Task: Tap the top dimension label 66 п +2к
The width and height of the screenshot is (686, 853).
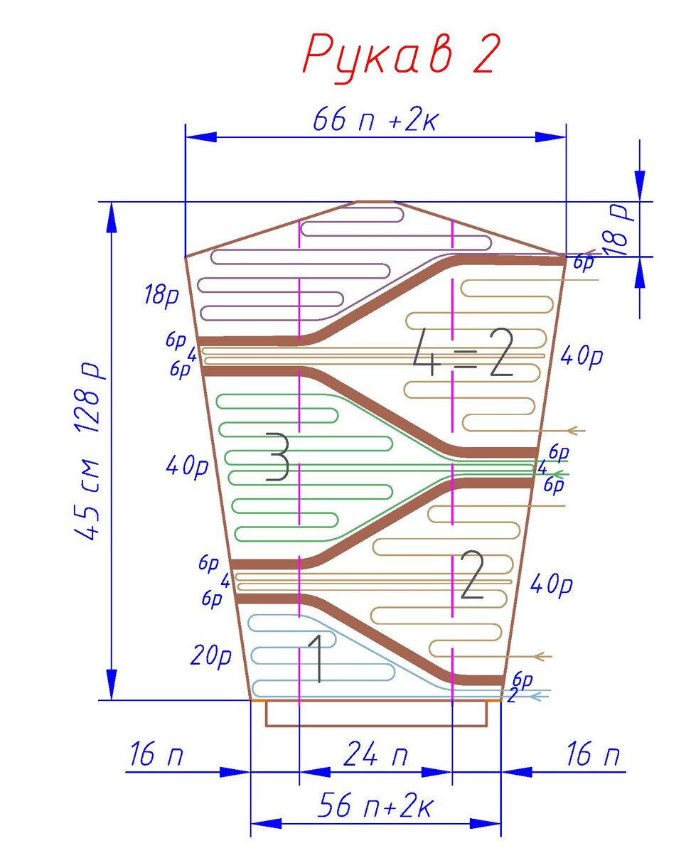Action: coord(375,119)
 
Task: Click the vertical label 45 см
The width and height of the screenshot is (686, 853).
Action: coord(87,500)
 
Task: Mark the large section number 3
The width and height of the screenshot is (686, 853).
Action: coord(277,457)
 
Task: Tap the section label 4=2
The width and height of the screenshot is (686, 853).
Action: coord(463,352)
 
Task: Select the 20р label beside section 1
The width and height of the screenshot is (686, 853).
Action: coord(211,657)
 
